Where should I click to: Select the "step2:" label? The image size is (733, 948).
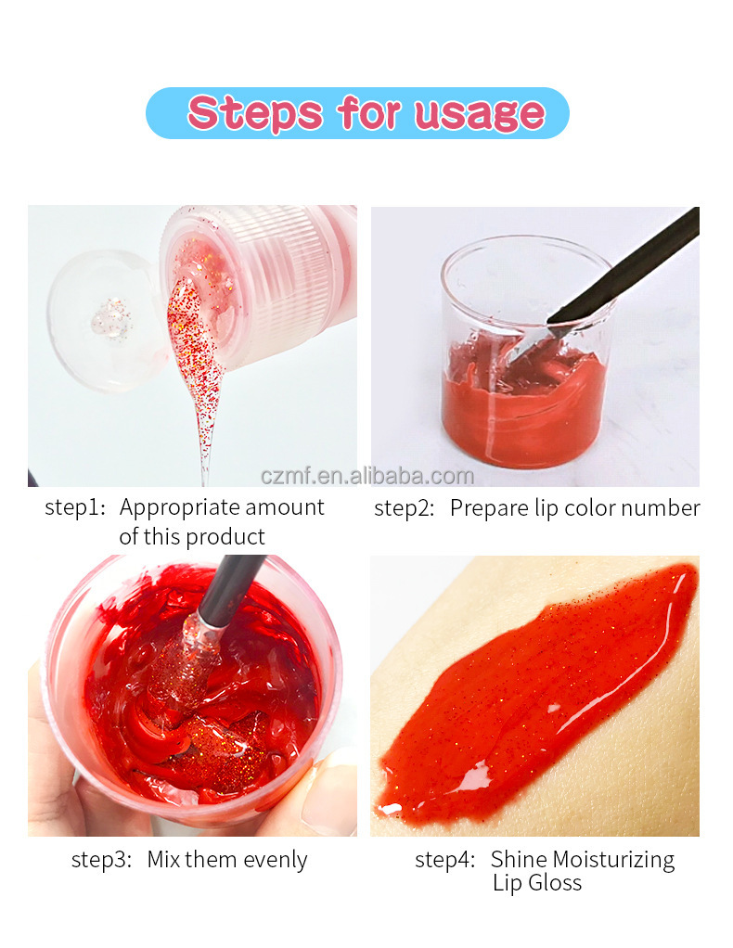405,508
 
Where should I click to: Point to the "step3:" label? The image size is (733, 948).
102,860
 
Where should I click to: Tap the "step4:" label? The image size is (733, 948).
445,860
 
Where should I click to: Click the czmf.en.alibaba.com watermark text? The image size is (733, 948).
367,477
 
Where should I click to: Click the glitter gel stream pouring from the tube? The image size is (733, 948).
197,362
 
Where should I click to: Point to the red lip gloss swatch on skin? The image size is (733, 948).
538,696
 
